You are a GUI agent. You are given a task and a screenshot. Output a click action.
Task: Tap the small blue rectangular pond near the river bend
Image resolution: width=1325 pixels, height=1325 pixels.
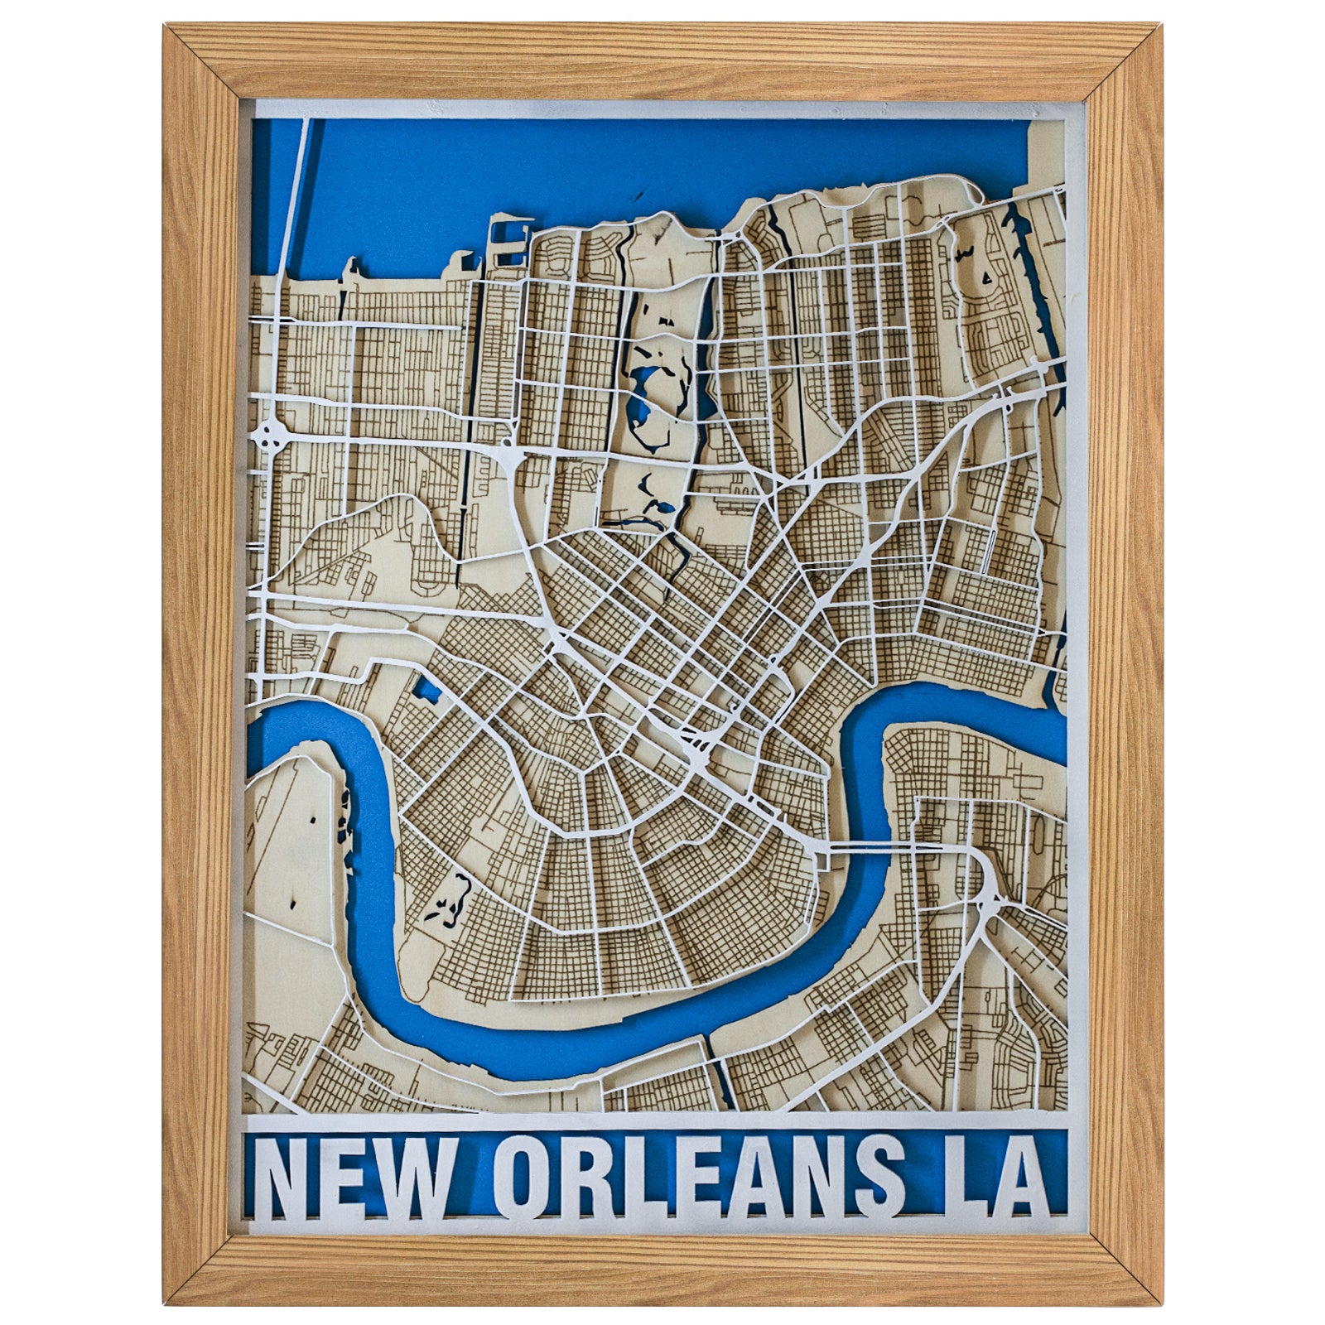(428, 688)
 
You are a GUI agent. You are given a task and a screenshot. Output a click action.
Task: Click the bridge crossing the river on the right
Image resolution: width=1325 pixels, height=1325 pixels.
(861, 846)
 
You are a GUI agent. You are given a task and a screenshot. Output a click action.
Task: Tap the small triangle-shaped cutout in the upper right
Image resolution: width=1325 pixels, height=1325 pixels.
(987, 278)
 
